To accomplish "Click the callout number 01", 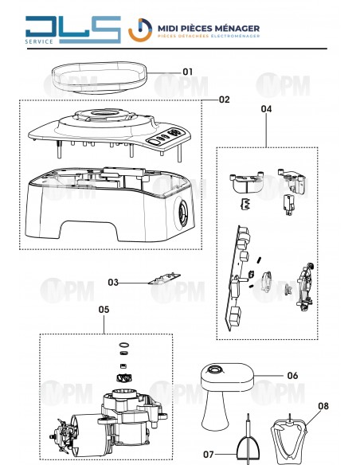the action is (187, 72).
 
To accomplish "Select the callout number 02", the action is (224, 100).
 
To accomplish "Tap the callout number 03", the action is (113, 283).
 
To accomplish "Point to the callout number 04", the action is (266, 109).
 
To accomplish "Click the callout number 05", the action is (104, 310).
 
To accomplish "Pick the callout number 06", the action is (292, 376).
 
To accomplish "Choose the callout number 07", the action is (209, 454).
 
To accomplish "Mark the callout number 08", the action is (323, 406).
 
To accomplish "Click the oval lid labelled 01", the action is (99, 78).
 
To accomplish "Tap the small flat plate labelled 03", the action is (165, 279).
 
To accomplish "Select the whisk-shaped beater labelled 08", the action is (288, 440).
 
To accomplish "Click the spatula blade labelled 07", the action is (248, 450).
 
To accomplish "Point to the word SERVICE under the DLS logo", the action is (39, 41).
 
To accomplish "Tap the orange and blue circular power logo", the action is (140, 30).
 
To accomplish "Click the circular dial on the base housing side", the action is (182, 213).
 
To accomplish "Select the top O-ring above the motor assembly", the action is (124, 346).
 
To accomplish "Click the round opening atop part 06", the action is (214, 369).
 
